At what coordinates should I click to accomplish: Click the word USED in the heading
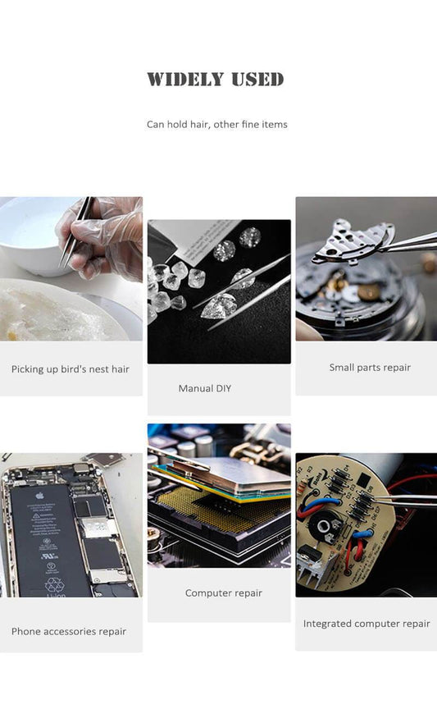(x=257, y=80)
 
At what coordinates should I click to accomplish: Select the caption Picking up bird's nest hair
(x=71, y=369)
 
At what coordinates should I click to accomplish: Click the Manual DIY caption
(x=205, y=388)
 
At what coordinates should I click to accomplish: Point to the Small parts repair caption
(x=370, y=367)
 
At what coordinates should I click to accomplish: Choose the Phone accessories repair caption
(x=69, y=632)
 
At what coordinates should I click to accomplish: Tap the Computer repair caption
(x=224, y=593)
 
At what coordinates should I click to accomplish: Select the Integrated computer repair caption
(x=366, y=624)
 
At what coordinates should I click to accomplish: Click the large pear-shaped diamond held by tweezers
(x=220, y=305)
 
